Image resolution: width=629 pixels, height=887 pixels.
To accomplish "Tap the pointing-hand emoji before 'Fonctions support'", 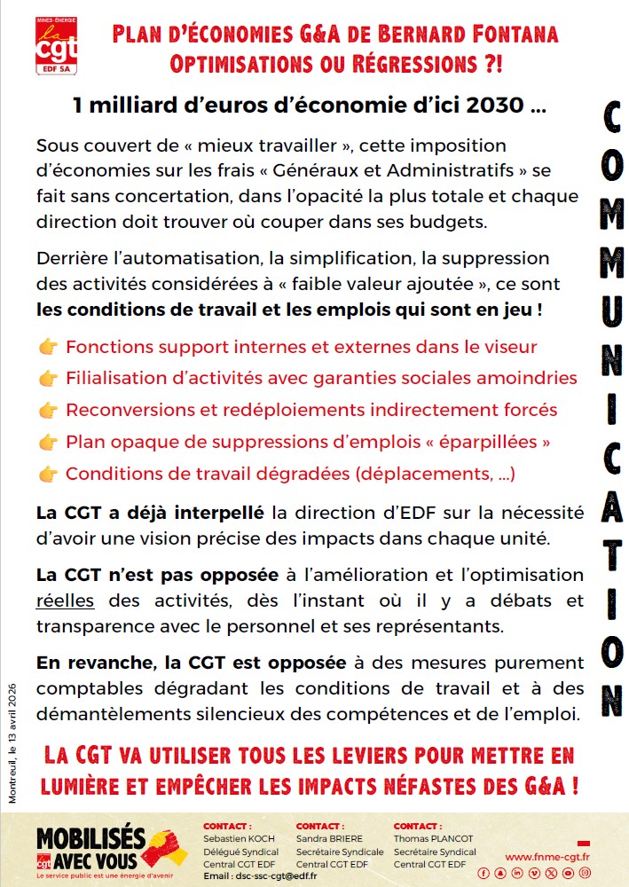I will (49, 348).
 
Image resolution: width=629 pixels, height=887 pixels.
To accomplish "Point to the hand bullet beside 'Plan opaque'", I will (49, 442).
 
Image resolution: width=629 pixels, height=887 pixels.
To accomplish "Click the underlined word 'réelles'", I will (65, 600).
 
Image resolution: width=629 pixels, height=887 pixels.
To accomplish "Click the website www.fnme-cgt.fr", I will (547, 857).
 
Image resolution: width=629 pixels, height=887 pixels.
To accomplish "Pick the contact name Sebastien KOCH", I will (239, 839).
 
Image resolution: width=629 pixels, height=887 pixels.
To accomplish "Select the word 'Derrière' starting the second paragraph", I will (71, 259).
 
